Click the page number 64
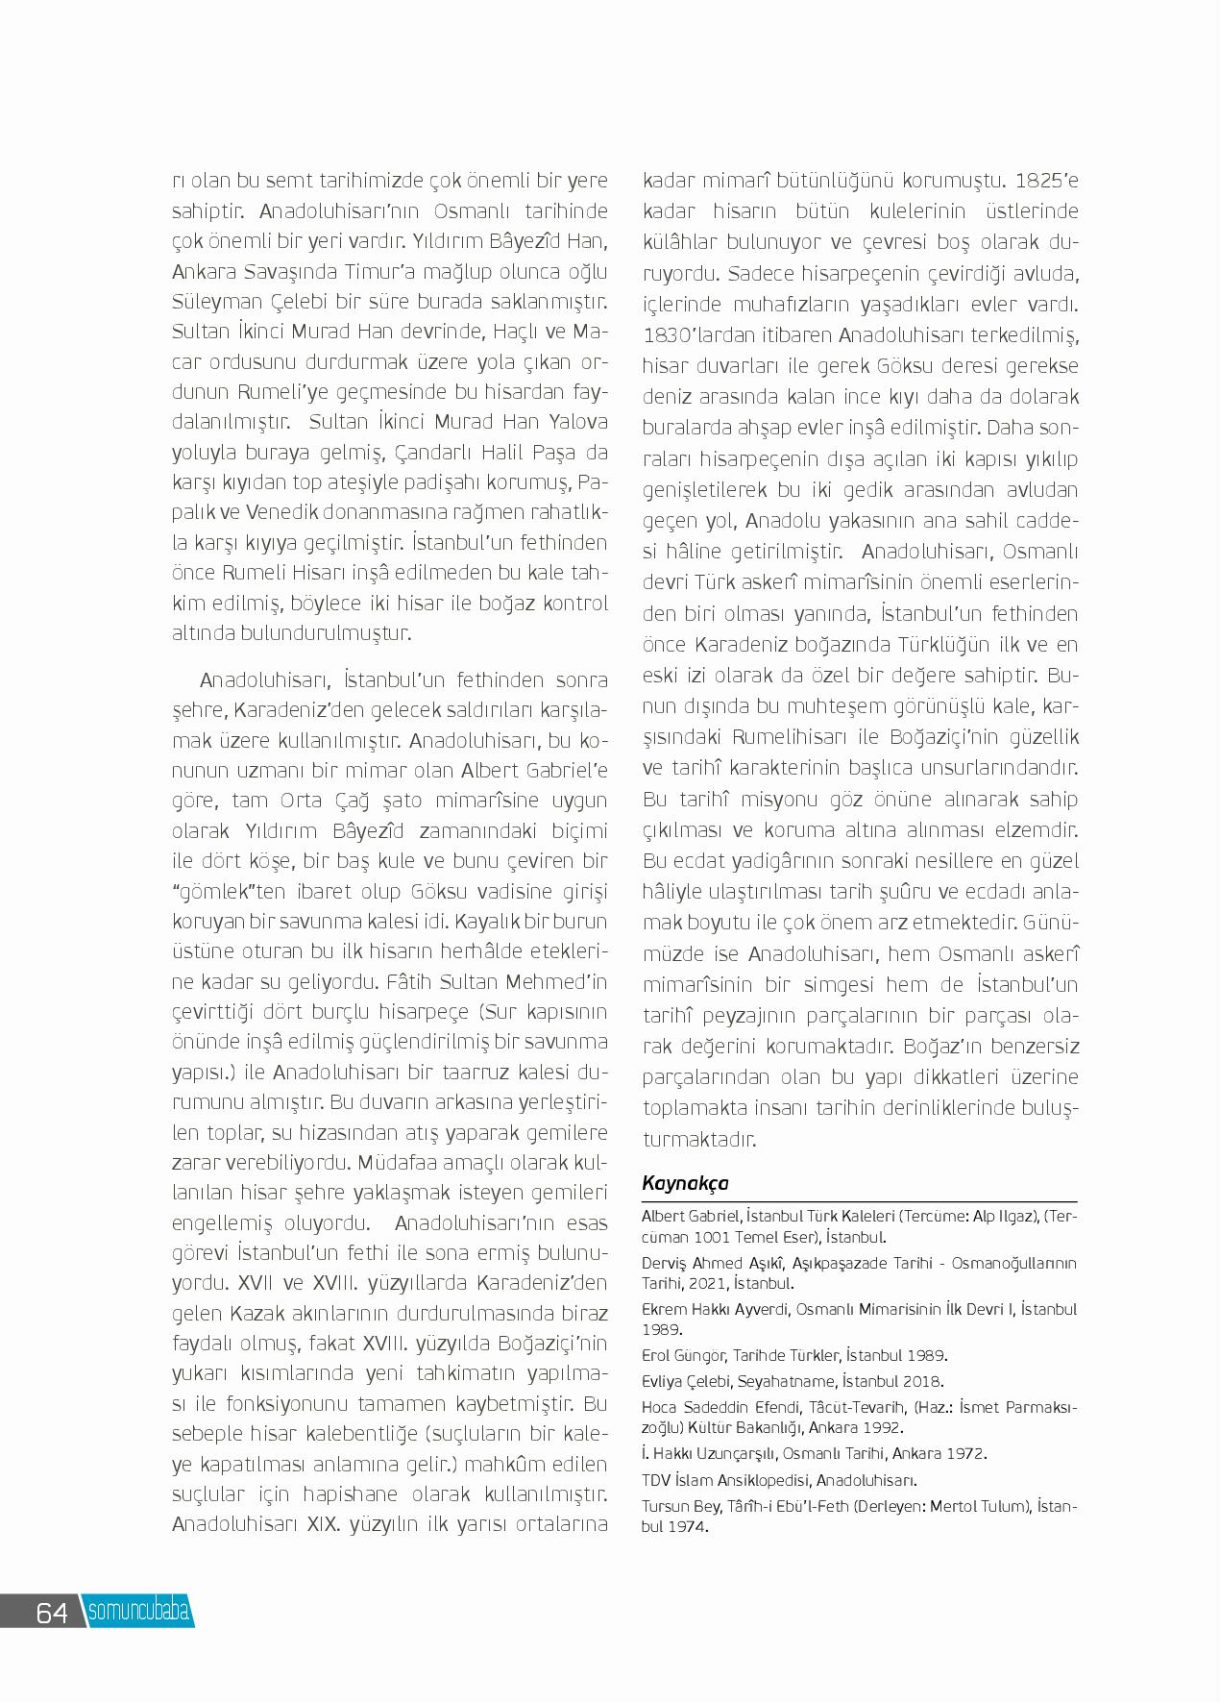click(52, 1613)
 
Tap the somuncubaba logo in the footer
click(138, 1612)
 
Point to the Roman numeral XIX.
click(328, 1525)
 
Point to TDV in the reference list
click(658, 1480)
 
